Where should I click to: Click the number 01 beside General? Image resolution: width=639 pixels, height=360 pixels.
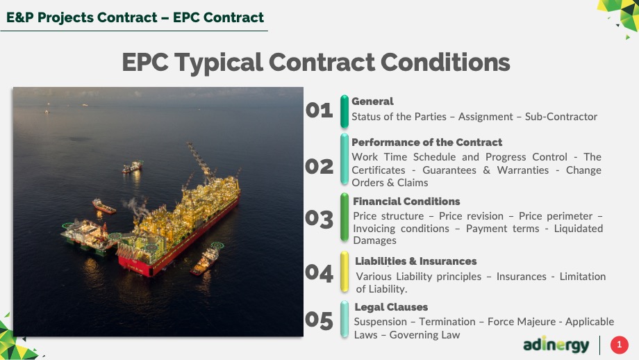point(319,111)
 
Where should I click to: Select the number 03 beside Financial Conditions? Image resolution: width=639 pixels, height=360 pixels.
point(319,219)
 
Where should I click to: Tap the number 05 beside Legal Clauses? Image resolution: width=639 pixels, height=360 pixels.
point(319,320)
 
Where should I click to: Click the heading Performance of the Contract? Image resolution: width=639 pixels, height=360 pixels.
point(426,142)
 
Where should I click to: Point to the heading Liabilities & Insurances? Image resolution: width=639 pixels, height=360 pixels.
point(415,261)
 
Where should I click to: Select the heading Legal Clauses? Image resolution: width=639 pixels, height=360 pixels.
point(391,307)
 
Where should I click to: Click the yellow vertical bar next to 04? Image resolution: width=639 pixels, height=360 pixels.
point(345,272)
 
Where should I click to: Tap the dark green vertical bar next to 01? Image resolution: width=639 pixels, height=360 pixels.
point(345,111)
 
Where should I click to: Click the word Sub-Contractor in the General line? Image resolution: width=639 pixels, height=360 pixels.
point(561,117)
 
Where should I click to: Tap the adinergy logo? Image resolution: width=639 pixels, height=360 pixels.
point(556,345)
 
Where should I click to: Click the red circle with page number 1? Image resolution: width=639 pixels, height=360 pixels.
point(620,345)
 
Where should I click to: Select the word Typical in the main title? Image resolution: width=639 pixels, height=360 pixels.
point(219,63)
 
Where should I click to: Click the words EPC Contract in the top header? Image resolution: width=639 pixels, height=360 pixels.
point(218,17)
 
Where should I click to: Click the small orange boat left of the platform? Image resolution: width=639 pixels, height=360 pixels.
point(104,206)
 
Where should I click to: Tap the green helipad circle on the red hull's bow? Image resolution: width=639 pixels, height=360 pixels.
point(152,247)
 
